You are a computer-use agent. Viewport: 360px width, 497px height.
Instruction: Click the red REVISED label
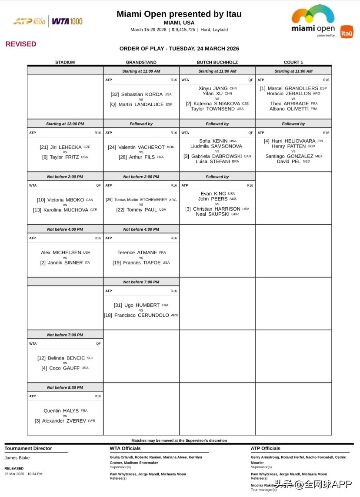[x=21, y=44]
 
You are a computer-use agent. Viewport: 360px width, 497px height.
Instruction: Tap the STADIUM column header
[x=65, y=62]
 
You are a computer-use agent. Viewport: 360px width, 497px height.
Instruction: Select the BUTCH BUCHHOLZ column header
[x=217, y=62]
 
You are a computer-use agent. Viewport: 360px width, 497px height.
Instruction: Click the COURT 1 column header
[x=293, y=62]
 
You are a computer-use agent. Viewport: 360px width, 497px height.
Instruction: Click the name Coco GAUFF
[x=64, y=368]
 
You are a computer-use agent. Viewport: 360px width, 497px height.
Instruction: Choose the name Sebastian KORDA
[x=142, y=94]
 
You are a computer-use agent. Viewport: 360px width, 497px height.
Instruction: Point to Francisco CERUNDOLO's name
[x=141, y=315]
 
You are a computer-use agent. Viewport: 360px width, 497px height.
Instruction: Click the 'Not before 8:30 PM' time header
[x=65, y=387]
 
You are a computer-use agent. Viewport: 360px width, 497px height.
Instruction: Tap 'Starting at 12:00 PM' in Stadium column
[x=65, y=124]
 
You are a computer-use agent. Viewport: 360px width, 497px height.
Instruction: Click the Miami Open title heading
[x=179, y=14]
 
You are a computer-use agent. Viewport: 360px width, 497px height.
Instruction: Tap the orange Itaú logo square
[x=347, y=32]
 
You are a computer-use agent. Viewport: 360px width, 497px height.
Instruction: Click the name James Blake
[x=17, y=458]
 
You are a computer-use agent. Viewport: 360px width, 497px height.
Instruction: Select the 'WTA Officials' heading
[x=125, y=448]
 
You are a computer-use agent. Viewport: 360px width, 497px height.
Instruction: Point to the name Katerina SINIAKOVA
[x=217, y=104]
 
